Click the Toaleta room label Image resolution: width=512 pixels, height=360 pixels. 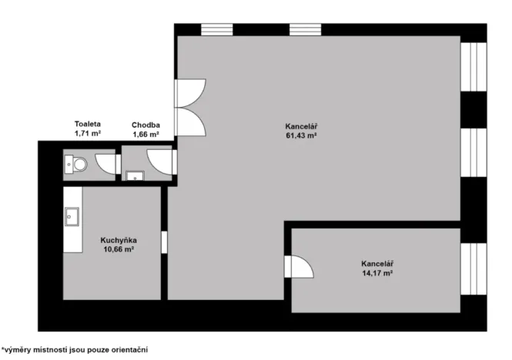(x=88, y=124)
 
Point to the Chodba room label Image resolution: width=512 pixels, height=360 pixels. (x=146, y=124)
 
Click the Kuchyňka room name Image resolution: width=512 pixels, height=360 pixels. (x=118, y=240)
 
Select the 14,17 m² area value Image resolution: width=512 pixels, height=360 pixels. (x=377, y=272)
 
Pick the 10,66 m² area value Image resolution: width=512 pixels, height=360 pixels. (x=118, y=249)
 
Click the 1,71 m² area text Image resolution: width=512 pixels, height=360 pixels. (x=88, y=133)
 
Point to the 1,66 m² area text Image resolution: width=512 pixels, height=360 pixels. (x=146, y=134)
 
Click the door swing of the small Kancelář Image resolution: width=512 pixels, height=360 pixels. (x=300, y=266)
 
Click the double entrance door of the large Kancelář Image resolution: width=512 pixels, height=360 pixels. (x=189, y=108)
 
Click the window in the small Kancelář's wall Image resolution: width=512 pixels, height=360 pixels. (x=473, y=270)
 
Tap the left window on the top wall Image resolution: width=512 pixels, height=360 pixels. (x=217, y=29)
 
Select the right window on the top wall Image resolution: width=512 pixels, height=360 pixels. (x=305, y=29)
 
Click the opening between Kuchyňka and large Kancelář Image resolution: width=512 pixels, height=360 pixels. (x=164, y=242)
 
